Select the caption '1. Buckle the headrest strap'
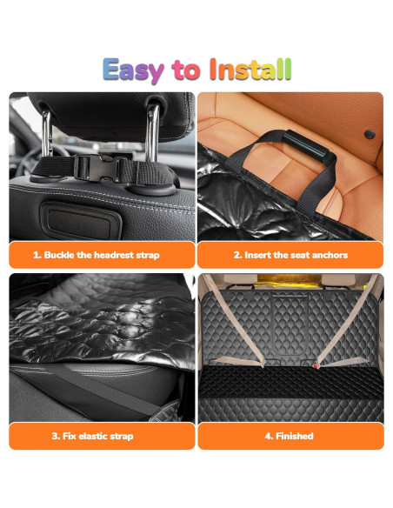(x=103, y=256)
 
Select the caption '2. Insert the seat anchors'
(x=290, y=256)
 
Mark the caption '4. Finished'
(x=290, y=436)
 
